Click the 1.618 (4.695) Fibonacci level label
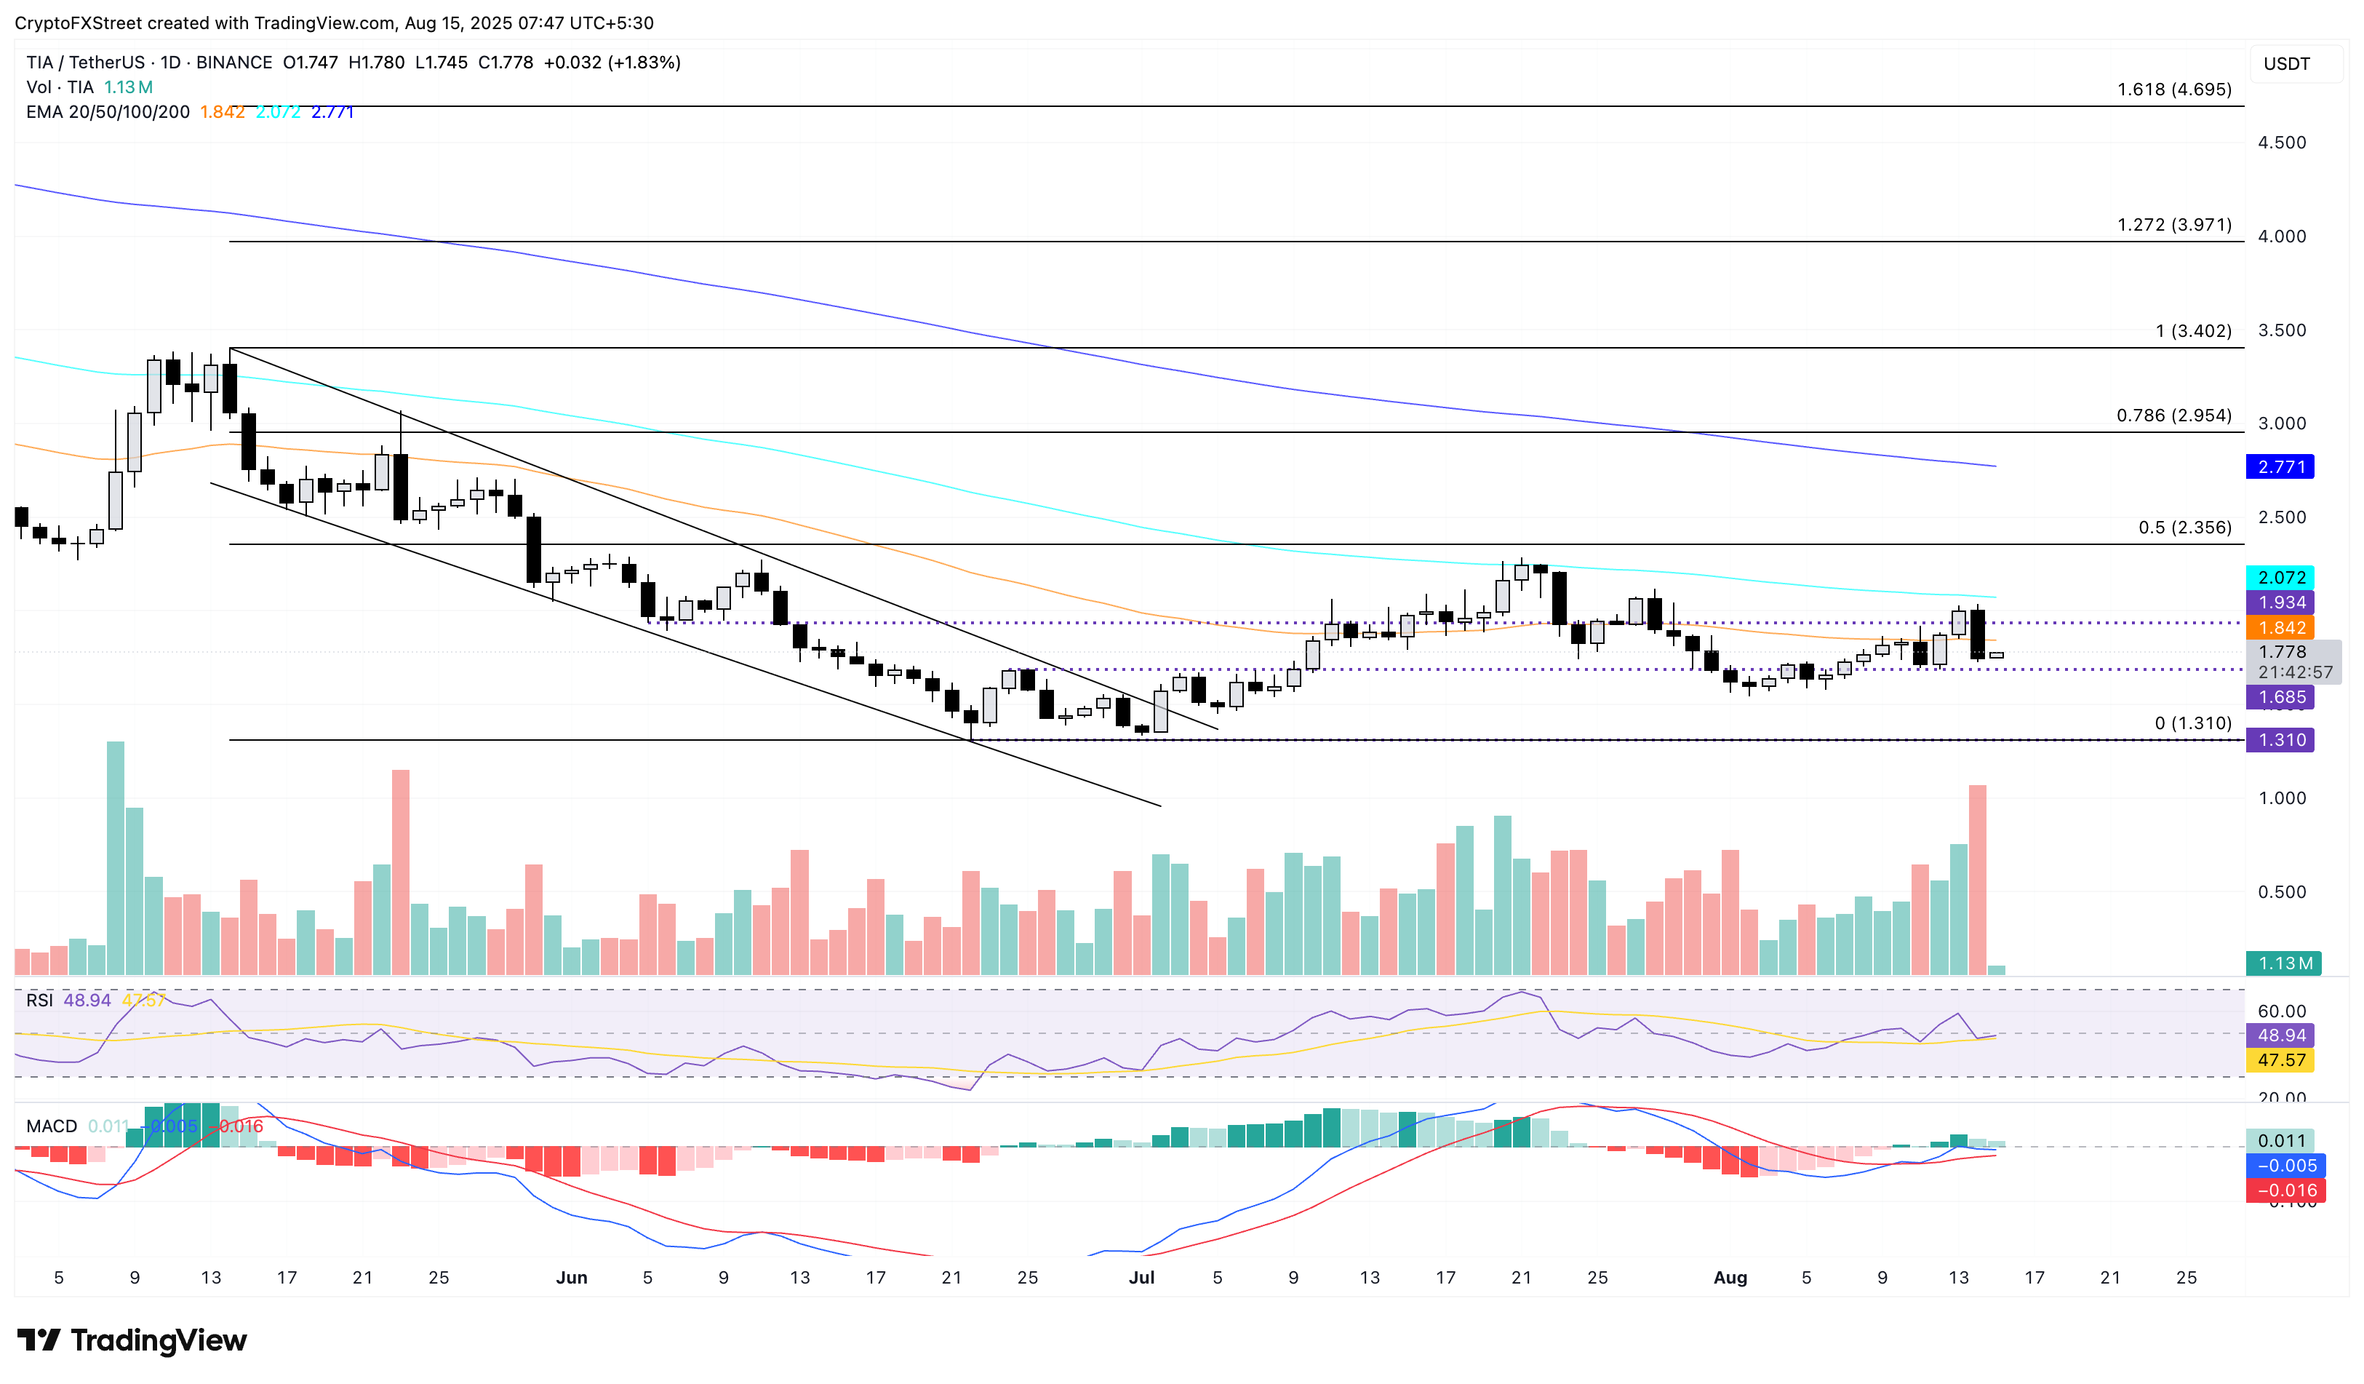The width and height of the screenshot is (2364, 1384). coord(2173,90)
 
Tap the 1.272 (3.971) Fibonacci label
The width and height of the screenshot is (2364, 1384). coord(2173,225)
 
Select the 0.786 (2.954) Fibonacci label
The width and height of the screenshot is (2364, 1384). coord(2173,415)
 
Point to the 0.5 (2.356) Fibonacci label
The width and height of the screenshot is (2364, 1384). coord(2184,528)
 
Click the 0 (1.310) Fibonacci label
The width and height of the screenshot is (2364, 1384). coord(2192,723)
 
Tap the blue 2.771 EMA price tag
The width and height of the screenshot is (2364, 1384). coord(2280,467)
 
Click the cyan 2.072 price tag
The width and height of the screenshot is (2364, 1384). coord(2280,578)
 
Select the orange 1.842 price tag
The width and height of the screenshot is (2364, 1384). coord(2280,629)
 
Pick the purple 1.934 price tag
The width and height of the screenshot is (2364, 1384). coord(2280,603)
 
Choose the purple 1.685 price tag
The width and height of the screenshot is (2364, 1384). coord(2280,697)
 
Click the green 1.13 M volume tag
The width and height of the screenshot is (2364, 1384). coord(2283,963)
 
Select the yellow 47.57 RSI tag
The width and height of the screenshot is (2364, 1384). coord(2280,1060)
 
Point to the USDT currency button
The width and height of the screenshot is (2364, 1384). coord(2286,64)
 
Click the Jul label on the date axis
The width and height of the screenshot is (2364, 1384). coord(1141,1278)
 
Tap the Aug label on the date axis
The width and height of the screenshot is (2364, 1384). coord(1730,1278)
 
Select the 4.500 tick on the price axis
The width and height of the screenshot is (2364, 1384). coord(2282,143)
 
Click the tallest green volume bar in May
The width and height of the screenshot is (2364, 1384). coord(116,859)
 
